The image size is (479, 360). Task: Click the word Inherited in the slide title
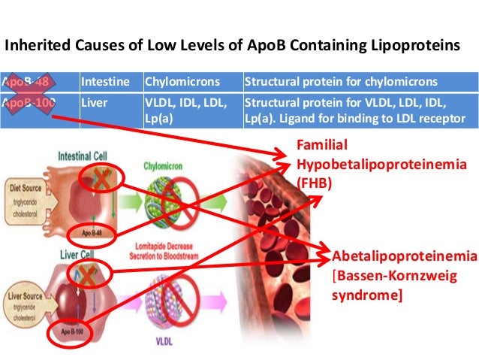point(34,46)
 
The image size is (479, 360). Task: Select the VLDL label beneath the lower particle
point(185,339)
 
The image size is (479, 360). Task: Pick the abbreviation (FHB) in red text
point(313,181)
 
